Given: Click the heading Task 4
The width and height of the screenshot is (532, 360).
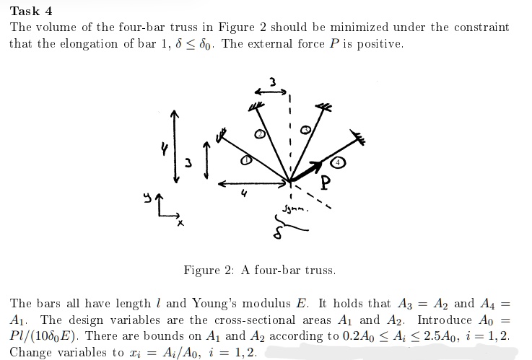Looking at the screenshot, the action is (x=31, y=12).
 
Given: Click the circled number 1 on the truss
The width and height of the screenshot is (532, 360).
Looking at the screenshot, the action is (x=247, y=160).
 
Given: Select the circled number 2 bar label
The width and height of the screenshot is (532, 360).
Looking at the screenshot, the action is (x=260, y=135).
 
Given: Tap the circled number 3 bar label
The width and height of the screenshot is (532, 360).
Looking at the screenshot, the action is (x=306, y=130).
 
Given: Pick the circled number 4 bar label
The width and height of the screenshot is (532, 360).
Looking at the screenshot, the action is (x=338, y=163).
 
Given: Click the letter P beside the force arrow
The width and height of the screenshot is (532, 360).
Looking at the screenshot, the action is (x=325, y=183).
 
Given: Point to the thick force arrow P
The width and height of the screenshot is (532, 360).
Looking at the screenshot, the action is (x=305, y=172).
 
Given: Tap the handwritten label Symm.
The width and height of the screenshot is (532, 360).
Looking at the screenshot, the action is (x=295, y=208).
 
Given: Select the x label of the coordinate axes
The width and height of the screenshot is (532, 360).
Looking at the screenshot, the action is (x=180, y=223).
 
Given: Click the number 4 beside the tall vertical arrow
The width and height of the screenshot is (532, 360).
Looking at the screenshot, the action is (x=164, y=149).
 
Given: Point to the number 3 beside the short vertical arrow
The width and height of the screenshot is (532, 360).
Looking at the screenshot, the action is (x=188, y=163).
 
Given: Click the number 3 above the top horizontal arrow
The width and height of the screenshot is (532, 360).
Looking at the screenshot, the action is (x=273, y=82).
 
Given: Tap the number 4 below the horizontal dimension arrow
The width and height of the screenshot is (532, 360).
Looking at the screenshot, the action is (x=243, y=194).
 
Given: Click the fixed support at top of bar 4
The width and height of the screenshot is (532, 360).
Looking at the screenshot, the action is (x=358, y=137).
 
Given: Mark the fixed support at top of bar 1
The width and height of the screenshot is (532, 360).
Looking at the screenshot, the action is (x=221, y=134).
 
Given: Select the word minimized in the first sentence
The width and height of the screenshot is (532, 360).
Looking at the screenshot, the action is (x=359, y=27).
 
